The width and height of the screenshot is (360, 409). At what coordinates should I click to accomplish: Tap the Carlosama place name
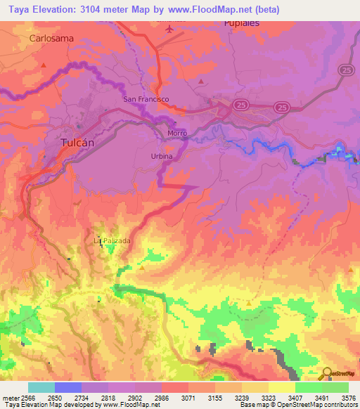point(51,39)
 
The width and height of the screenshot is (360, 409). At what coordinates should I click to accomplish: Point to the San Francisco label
point(146,99)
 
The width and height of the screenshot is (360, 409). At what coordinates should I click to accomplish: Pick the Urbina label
point(162,156)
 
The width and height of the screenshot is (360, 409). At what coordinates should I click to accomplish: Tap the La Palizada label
point(112,240)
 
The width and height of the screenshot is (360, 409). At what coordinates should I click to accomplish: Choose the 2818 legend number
point(107,397)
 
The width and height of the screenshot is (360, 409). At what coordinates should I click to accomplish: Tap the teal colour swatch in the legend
point(41,387)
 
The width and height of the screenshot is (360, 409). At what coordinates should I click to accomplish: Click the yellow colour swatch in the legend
point(281,387)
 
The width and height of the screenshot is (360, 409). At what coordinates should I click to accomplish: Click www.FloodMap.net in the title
point(215,10)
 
